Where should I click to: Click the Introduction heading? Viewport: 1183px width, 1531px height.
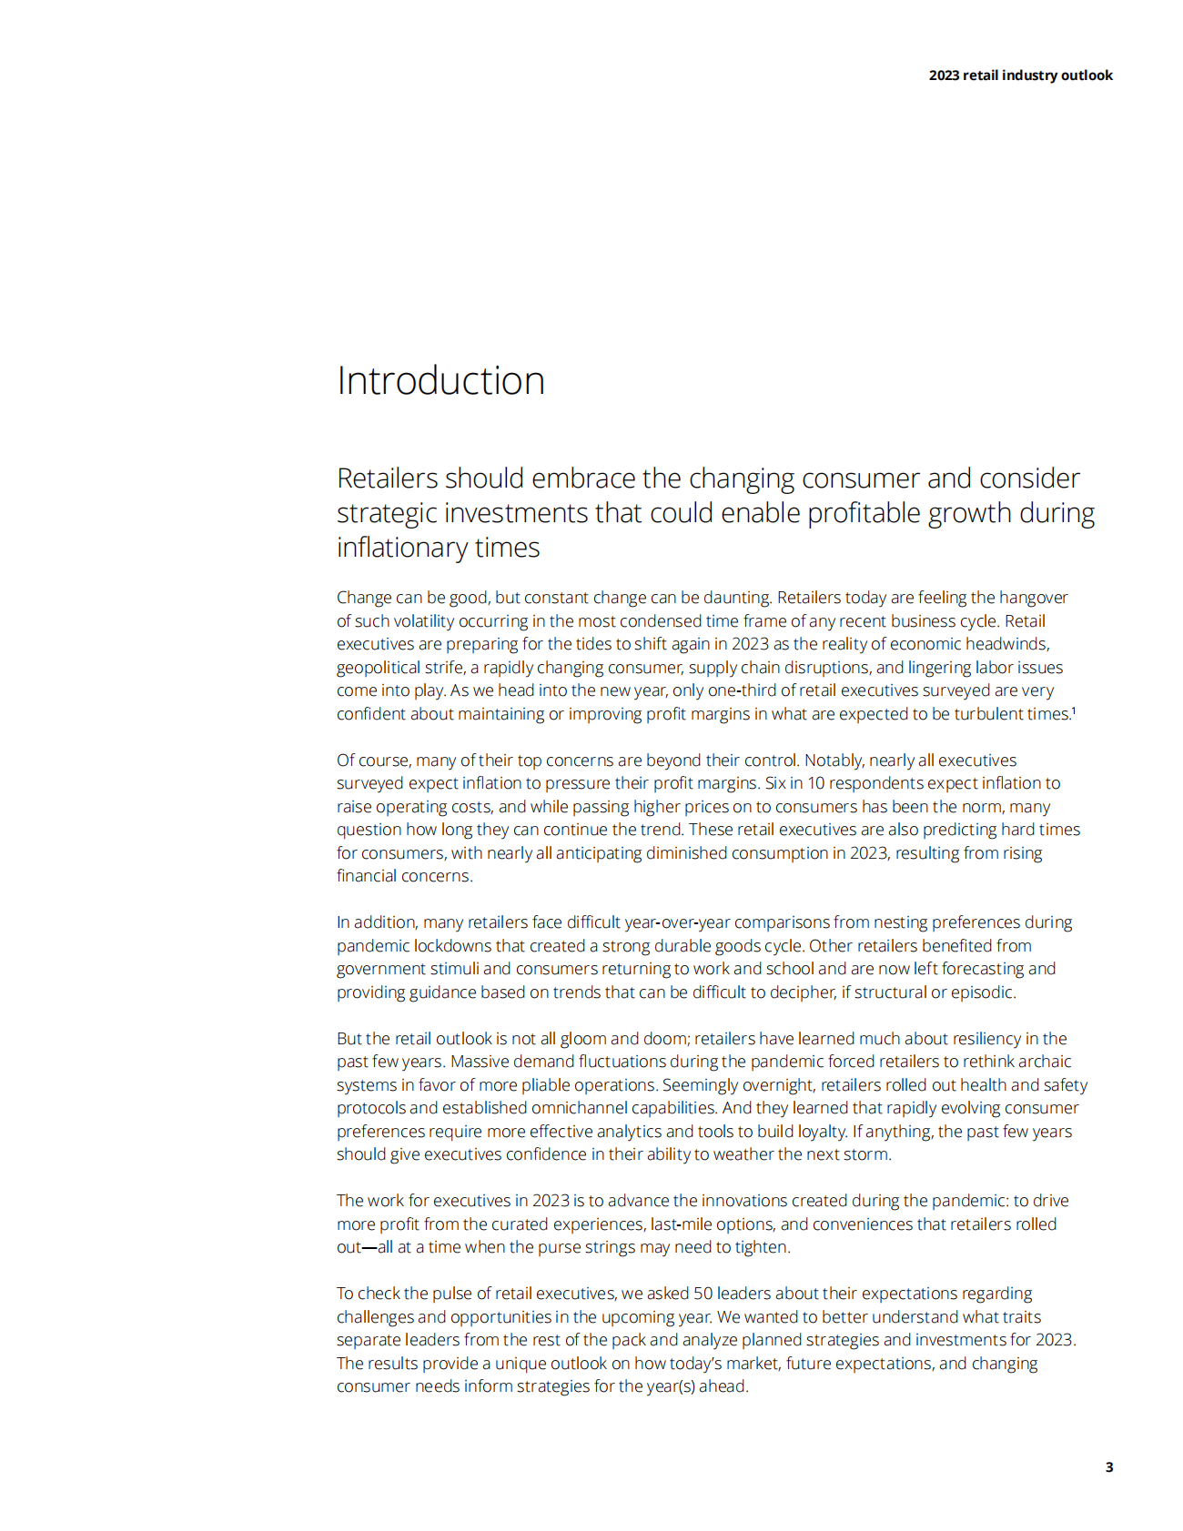[440, 381]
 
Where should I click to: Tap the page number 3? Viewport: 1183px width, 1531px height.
[1108, 1466]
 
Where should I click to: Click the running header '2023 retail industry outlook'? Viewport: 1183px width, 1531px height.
[1020, 76]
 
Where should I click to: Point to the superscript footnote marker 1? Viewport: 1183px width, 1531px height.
[1074, 710]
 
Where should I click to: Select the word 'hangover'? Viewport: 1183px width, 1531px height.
[1034, 598]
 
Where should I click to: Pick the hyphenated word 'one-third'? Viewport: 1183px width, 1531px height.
[743, 690]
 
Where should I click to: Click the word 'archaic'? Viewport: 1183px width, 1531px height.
[1042, 1062]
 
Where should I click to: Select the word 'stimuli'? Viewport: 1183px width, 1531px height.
[453, 969]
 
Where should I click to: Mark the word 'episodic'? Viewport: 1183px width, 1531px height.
[982, 992]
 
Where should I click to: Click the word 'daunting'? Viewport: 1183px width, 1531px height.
[737, 598]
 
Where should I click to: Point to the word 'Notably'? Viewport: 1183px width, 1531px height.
[832, 760]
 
